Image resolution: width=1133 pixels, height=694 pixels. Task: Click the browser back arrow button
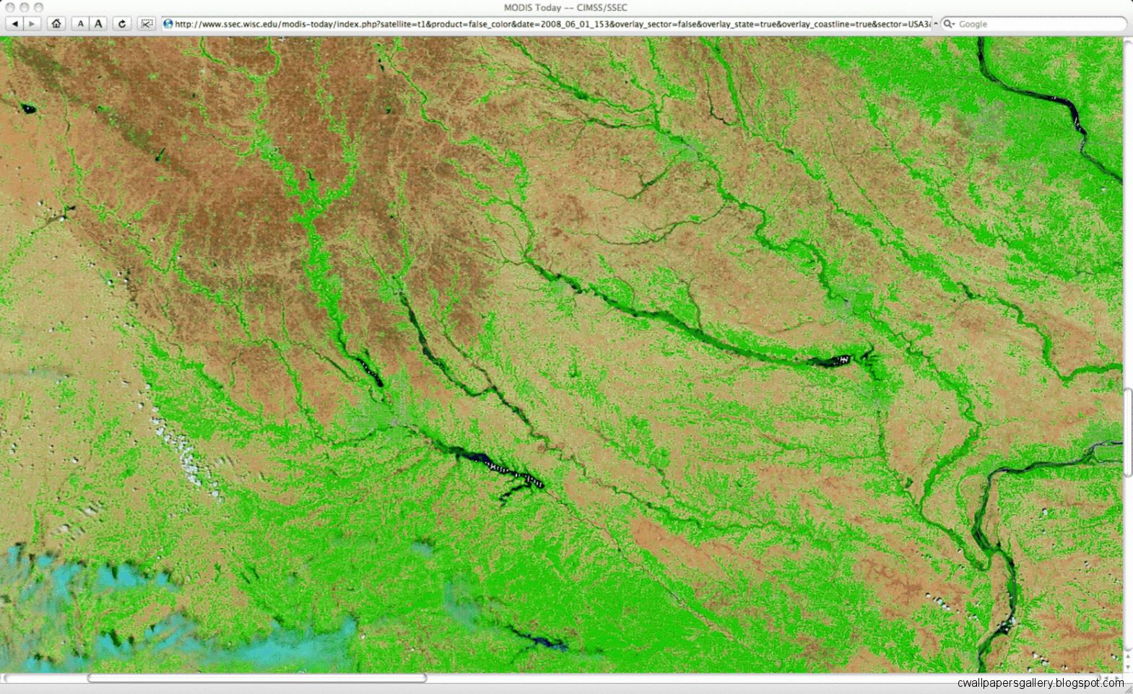tap(14, 24)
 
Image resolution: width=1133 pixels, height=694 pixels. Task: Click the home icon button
tap(56, 24)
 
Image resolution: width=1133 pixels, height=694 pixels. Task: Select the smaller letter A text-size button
tap(81, 24)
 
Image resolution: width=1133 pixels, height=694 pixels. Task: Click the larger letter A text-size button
tap(99, 24)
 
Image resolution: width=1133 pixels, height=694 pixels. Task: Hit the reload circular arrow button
tap(122, 24)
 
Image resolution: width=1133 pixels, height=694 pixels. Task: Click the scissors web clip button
tap(147, 24)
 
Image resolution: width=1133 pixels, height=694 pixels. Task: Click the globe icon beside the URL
tap(168, 24)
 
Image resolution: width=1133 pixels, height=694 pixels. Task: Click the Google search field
tap(1036, 24)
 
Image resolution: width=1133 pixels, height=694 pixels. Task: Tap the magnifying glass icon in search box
tap(948, 24)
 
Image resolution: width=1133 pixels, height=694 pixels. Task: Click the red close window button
tap(9, 7)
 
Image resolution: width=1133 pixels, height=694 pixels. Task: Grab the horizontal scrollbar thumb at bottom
tap(256, 678)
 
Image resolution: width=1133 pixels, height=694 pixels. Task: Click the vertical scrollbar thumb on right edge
tap(1127, 432)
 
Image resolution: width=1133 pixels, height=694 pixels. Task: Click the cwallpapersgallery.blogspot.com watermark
tap(1040, 683)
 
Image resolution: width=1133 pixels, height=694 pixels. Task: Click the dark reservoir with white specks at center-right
tap(834, 359)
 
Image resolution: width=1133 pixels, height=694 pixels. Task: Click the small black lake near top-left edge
tap(27, 109)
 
